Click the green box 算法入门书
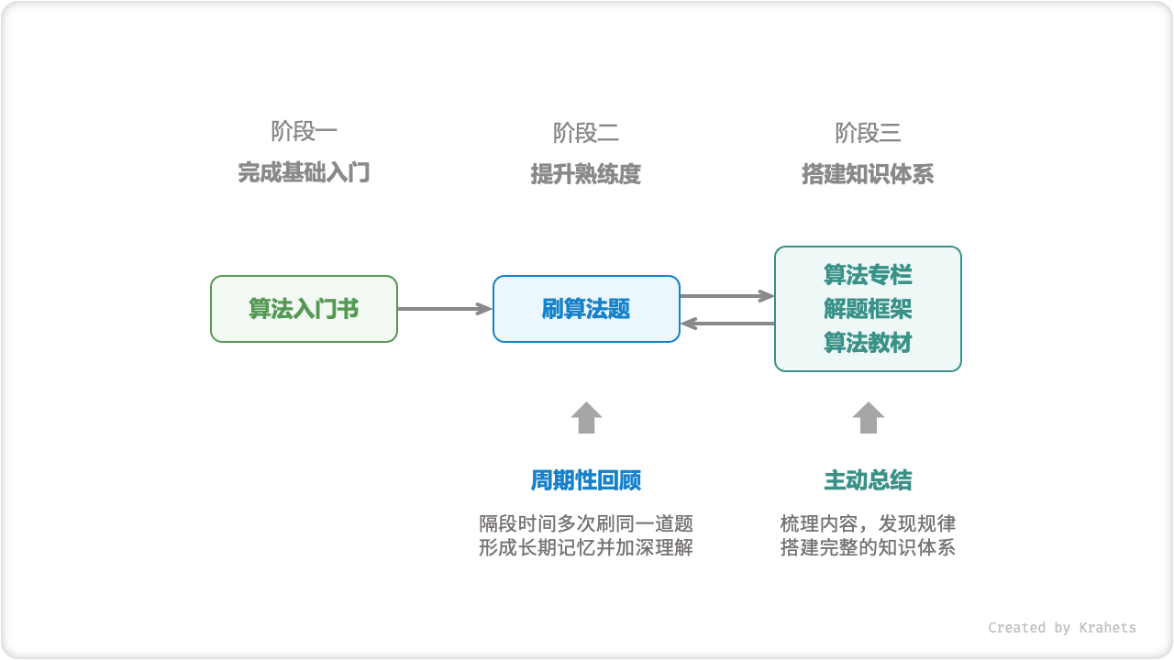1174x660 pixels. click(x=304, y=309)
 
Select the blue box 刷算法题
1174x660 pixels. click(x=586, y=309)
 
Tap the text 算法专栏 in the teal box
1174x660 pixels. click(x=868, y=275)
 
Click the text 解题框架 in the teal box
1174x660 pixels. click(x=868, y=309)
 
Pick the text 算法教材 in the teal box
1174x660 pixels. click(x=868, y=343)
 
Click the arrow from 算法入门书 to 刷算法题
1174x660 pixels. click(x=445, y=309)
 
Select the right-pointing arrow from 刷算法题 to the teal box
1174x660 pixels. click(x=727, y=295)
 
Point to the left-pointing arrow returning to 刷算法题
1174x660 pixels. click(x=727, y=323)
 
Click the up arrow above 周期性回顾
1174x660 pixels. click(x=586, y=418)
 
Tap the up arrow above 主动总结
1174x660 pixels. click(x=868, y=418)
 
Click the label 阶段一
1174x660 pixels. click(x=305, y=132)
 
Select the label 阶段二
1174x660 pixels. click(x=586, y=133)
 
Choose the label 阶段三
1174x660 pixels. click(x=868, y=133)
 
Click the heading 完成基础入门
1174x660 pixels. click(x=304, y=173)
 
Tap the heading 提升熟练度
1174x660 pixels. click(x=586, y=174)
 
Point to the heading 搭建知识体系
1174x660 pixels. click(x=868, y=174)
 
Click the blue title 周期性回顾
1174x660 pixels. click(x=586, y=480)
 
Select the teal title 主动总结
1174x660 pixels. click(x=868, y=480)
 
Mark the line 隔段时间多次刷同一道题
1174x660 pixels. click(x=586, y=523)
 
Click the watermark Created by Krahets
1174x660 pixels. click(x=1061, y=628)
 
